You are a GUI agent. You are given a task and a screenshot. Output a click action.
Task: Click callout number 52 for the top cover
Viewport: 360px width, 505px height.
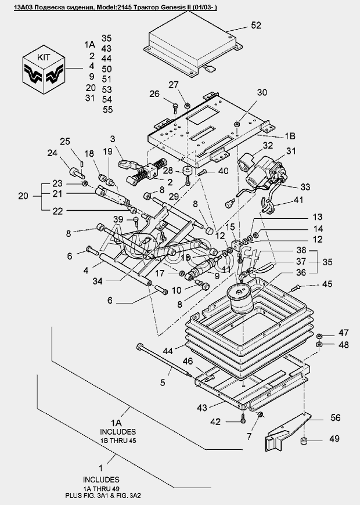click(x=256, y=26)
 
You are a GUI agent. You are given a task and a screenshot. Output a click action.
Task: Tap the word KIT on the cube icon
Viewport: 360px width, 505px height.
click(x=44, y=57)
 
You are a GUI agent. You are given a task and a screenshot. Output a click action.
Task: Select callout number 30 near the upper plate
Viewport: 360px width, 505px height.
click(x=262, y=92)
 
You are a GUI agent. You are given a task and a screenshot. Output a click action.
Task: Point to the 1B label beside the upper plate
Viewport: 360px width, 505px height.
click(x=290, y=136)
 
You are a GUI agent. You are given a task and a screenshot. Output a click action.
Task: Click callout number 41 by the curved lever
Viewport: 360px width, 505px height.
click(x=298, y=200)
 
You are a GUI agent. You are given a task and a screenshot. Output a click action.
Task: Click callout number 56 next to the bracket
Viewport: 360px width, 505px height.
click(x=335, y=417)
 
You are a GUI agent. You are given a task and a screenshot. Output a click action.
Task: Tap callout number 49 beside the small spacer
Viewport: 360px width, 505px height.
click(x=335, y=439)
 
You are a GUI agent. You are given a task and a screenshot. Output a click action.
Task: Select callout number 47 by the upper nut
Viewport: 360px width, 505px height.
click(x=343, y=333)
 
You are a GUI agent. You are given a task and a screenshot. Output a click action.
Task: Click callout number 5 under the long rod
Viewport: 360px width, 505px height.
click(x=163, y=383)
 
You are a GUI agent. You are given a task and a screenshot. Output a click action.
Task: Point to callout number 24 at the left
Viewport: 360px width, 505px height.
click(x=52, y=153)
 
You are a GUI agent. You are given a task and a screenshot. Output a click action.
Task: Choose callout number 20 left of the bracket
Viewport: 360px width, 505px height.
click(x=23, y=196)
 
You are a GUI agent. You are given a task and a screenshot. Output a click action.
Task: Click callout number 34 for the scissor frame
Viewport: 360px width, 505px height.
click(x=98, y=282)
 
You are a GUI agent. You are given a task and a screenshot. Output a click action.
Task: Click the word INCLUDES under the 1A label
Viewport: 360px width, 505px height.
click(x=118, y=431)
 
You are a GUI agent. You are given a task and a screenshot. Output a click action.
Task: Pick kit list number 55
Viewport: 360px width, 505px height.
click(x=107, y=110)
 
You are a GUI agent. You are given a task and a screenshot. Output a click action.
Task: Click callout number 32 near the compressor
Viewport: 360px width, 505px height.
click(x=268, y=145)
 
